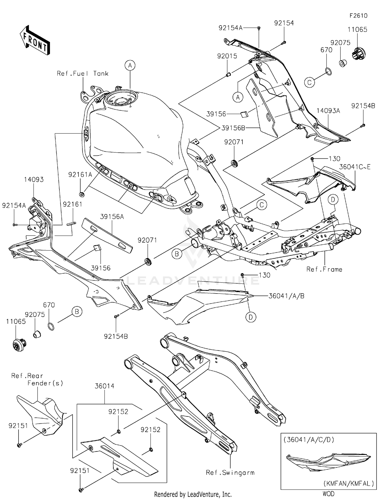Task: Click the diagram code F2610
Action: (358, 16)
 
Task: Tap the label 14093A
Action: (328, 111)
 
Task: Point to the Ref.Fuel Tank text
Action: (83, 74)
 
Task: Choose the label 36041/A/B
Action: (286, 296)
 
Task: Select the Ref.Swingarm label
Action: (230, 473)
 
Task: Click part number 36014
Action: (104, 386)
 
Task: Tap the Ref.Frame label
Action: (324, 269)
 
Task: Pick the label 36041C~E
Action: (355, 167)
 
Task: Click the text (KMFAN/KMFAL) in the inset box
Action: (348, 483)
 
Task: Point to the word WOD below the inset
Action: (328, 494)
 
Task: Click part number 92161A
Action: (80, 175)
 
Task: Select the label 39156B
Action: (233, 128)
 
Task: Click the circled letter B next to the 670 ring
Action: (77, 312)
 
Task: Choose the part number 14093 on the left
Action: (34, 180)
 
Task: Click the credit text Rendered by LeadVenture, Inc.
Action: (193, 494)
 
